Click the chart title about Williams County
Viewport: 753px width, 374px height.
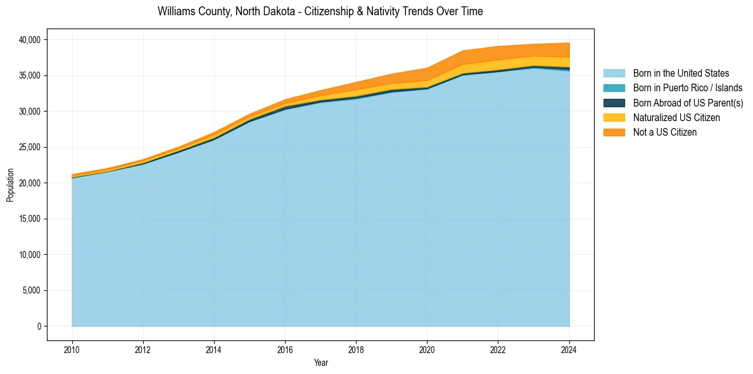[x=320, y=11]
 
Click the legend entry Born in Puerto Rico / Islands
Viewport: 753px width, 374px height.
[x=687, y=88]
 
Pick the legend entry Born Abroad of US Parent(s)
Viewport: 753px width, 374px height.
[x=688, y=103]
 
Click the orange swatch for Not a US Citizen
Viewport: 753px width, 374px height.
[x=614, y=132]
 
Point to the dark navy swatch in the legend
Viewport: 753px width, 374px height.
[x=614, y=103]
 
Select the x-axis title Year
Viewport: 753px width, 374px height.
[x=320, y=363]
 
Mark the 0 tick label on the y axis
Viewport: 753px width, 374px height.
[x=38, y=326]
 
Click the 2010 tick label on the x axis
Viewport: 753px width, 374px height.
[x=72, y=349]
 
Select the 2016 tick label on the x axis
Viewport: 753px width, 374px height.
[x=285, y=349]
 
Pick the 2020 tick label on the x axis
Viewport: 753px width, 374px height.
[x=427, y=349]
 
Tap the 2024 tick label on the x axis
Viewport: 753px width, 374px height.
[x=569, y=349]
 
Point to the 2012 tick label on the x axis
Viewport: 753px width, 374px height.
[x=143, y=349]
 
